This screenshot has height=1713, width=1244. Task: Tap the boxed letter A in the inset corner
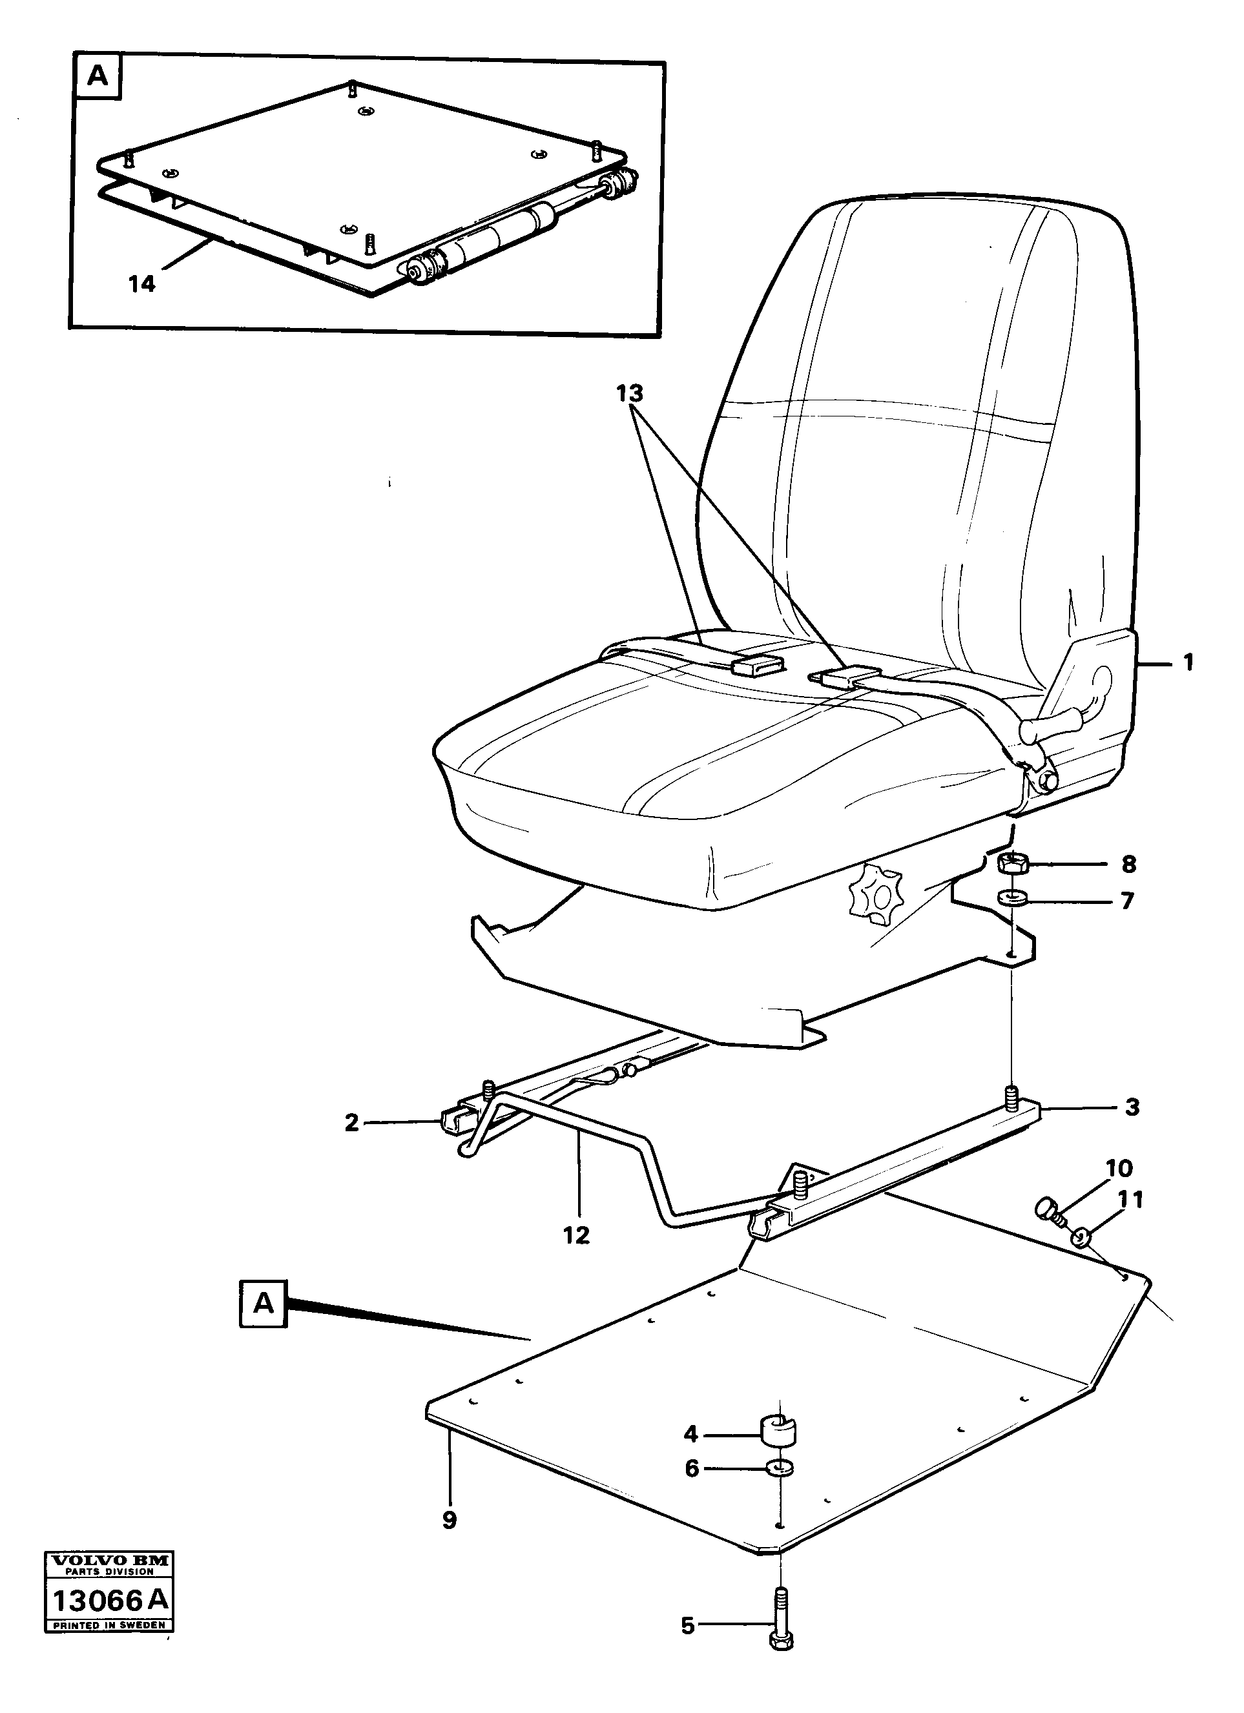pos(98,76)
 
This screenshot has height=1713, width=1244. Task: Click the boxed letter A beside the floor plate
pos(263,1303)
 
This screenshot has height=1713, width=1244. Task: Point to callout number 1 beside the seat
pos(1188,662)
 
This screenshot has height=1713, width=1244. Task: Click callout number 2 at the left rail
pos(351,1144)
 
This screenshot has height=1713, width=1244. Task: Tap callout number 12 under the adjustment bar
pos(575,1236)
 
